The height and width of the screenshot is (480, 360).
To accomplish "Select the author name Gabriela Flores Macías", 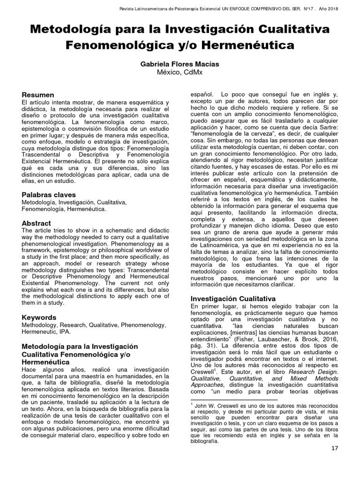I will pyautogui.click(x=180, y=64).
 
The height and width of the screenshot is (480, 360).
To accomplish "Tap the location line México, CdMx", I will pyautogui.click(x=180, y=72).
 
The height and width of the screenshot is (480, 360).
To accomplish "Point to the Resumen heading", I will pyautogui.click(x=38, y=95).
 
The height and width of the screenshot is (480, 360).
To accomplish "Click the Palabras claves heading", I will pyautogui.click(x=49, y=195).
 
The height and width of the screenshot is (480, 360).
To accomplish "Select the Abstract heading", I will pyautogui.click(x=37, y=223).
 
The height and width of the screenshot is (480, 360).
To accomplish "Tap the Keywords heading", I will pyautogui.click(x=39, y=317).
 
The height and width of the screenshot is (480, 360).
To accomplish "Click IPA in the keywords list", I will pyautogui.click(x=65, y=332).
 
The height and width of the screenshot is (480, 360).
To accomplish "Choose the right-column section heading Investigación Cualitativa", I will pyautogui.click(x=232, y=298).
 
